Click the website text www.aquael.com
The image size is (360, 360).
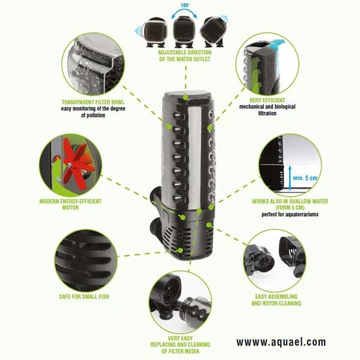[281, 342]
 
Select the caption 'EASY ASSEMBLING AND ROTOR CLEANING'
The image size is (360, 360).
[277, 299]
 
